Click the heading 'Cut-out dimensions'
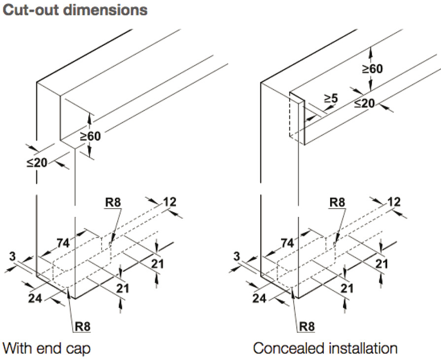point(75,10)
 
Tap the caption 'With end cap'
point(47,348)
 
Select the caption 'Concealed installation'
point(325,348)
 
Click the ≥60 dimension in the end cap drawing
point(90,136)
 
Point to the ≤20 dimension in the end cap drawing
point(37,162)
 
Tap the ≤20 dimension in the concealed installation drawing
point(365,103)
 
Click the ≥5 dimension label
point(331,99)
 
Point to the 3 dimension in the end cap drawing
point(12,255)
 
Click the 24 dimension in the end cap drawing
point(34,297)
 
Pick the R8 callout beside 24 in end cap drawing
point(82,325)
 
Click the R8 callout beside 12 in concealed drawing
point(338,202)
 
